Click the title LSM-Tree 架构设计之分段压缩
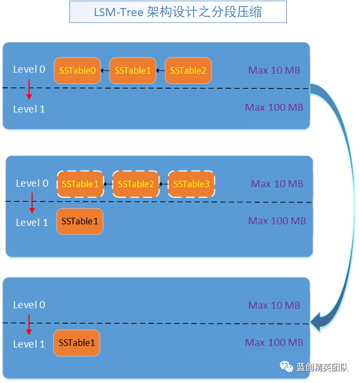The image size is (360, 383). [178, 12]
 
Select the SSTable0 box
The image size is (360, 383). [77, 70]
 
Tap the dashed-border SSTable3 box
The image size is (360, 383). [191, 184]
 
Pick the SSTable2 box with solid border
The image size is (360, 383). [188, 70]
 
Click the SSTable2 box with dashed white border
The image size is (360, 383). [136, 184]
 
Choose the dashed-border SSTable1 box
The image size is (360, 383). [80, 184]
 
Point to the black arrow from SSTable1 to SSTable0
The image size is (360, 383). [105, 70]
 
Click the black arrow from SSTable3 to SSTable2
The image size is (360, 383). [164, 184]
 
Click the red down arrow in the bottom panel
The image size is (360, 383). [29, 324]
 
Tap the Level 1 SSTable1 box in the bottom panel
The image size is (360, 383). [77, 343]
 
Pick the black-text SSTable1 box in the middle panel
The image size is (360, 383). [80, 221]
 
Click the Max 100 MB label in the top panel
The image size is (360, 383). [274, 108]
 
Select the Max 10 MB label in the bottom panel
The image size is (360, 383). [274, 306]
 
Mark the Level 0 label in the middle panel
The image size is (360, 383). [32, 183]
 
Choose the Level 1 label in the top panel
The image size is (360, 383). [29, 109]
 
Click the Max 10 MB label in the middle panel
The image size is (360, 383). [277, 184]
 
